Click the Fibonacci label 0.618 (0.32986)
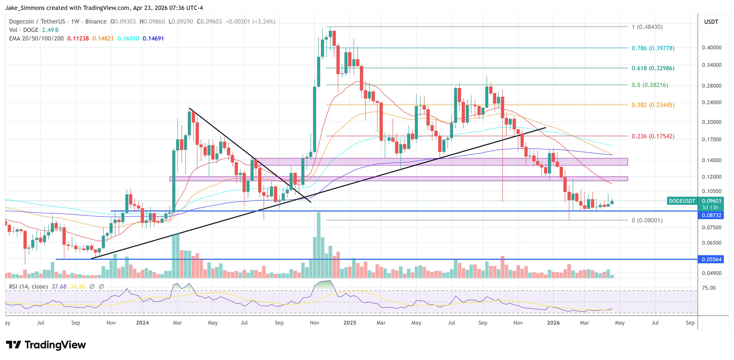coord(653,68)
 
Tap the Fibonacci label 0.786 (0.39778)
coord(653,48)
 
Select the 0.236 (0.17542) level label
coord(653,136)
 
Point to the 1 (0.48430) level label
coord(647,27)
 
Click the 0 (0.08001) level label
coord(647,220)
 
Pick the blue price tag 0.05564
coord(711,259)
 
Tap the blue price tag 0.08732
coord(711,215)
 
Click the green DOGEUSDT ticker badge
coord(682,201)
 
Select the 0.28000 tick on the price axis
coord(712,86)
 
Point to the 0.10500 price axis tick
coord(712,191)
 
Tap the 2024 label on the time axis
coord(142,323)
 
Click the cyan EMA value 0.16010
coord(128,38)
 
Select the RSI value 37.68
coord(59,287)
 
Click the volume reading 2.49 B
coord(50,30)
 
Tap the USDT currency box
coord(711,22)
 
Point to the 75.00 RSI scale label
coord(709,288)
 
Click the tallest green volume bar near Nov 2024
coord(319,245)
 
